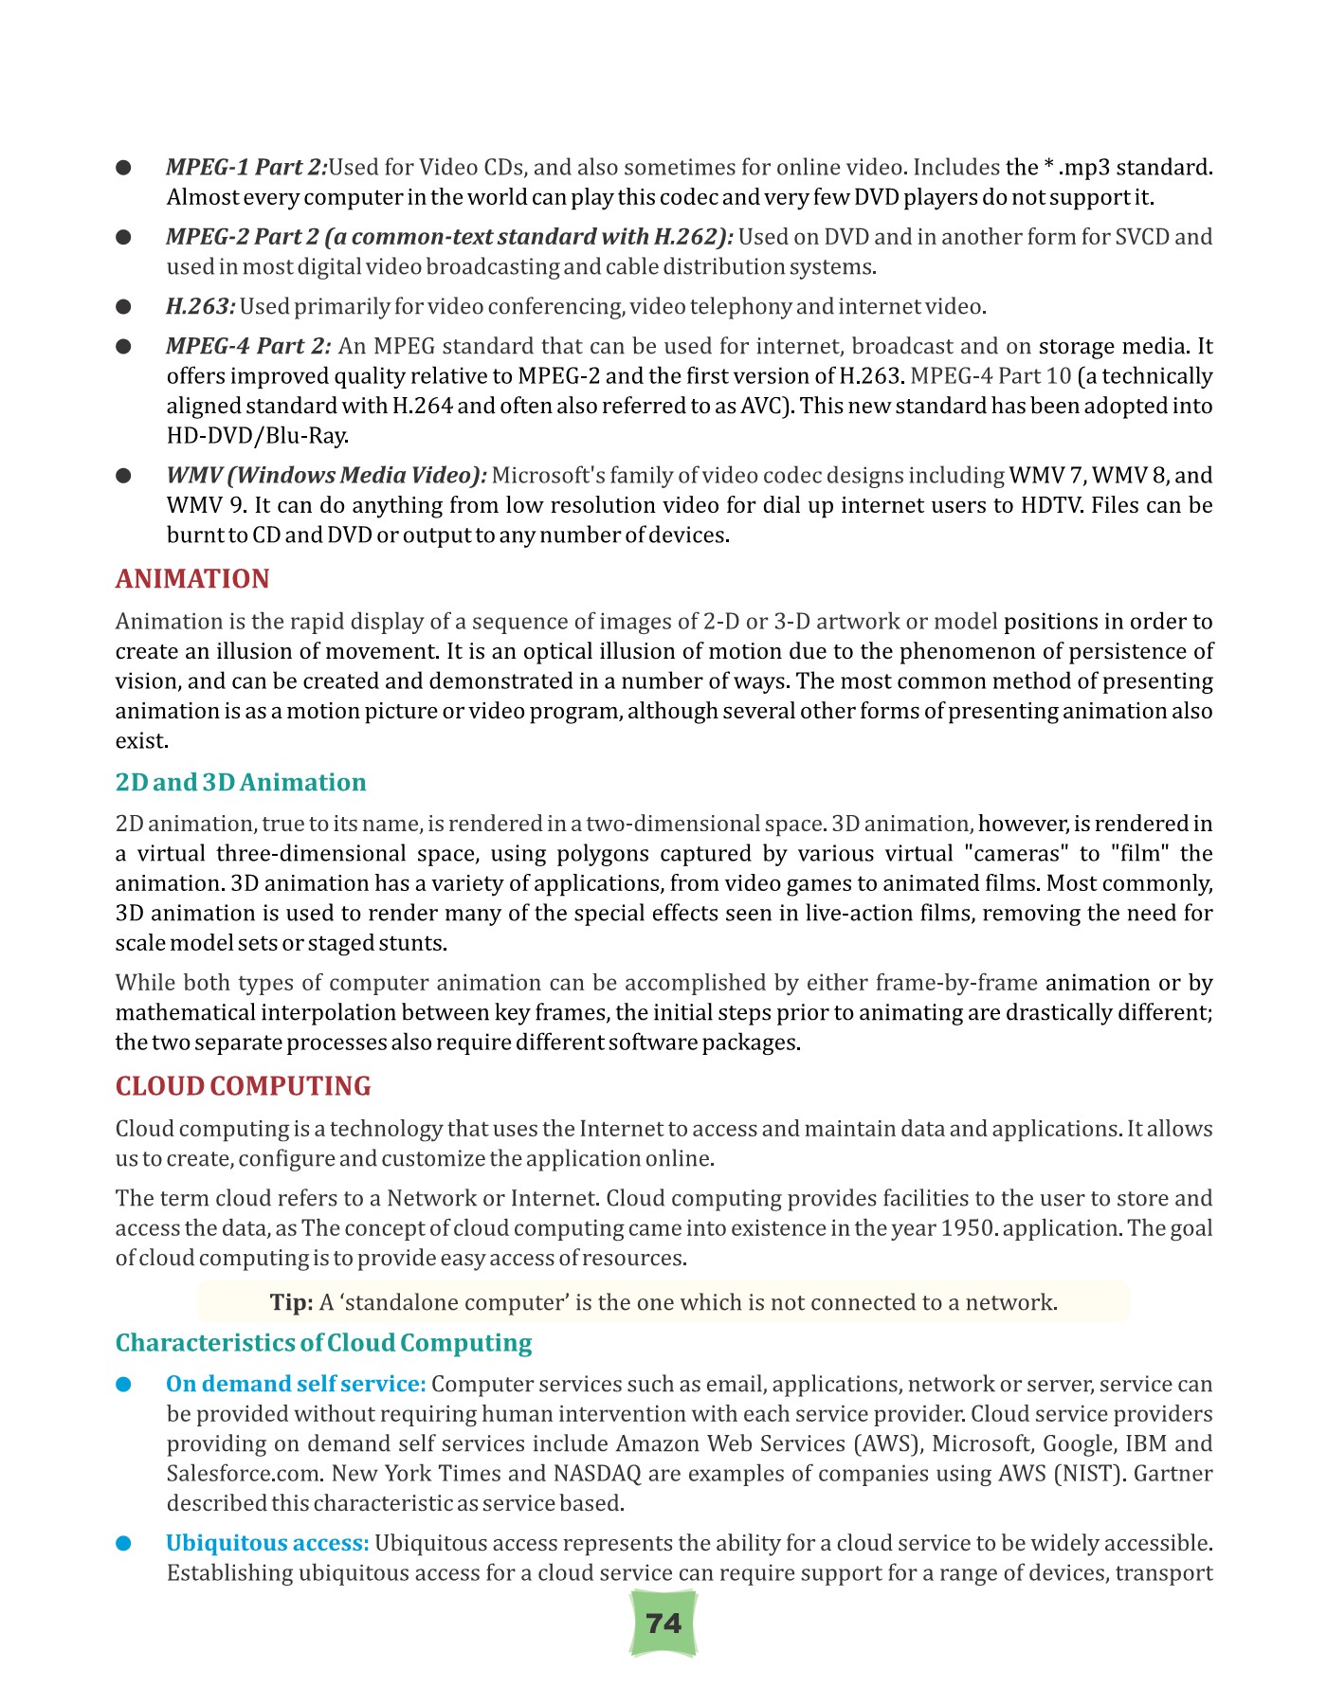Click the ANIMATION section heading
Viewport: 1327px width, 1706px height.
pyautogui.click(x=192, y=579)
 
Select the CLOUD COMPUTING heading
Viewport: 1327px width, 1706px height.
pyautogui.click(x=243, y=1086)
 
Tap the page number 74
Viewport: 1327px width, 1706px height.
pyautogui.click(x=663, y=1624)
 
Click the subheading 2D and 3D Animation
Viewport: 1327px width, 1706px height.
pyautogui.click(x=241, y=783)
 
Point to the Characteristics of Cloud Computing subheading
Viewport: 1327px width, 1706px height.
pyautogui.click(x=323, y=1343)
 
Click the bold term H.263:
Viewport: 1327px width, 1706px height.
pyautogui.click(x=200, y=306)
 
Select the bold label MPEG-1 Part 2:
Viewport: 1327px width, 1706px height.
pyautogui.click(x=246, y=168)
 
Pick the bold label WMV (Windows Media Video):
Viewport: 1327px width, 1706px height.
pyautogui.click(x=326, y=475)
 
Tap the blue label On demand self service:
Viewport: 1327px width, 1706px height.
pyautogui.click(x=296, y=1384)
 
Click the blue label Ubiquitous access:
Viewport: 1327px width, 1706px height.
pyautogui.click(x=267, y=1543)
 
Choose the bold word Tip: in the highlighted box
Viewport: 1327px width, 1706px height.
pyautogui.click(x=291, y=1302)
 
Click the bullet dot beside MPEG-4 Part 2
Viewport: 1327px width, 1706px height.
pyautogui.click(x=123, y=347)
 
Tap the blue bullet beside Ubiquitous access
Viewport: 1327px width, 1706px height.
pyautogui.click(x=123, y=1544)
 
